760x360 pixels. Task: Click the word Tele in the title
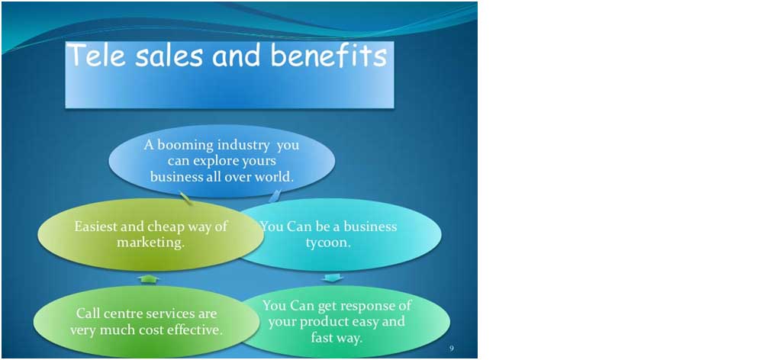click(x=96, y=55)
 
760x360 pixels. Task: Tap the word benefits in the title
click(x=329, y=55)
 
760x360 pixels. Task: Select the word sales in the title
click(x=169, y=56)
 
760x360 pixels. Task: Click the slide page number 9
click(x=452, y=349)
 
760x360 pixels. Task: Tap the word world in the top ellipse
click(x=275, y=176)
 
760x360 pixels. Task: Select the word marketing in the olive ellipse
click(x=151, y=243)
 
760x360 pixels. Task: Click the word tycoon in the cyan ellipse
click(x=328, y=243)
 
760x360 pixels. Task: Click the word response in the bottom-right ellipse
click(x=359, y=306)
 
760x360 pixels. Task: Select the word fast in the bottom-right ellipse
click(x=321, y=337)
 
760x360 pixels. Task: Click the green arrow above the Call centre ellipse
click(x=148, y=279)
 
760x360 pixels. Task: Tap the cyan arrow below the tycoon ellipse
click(x=333, y=277)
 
